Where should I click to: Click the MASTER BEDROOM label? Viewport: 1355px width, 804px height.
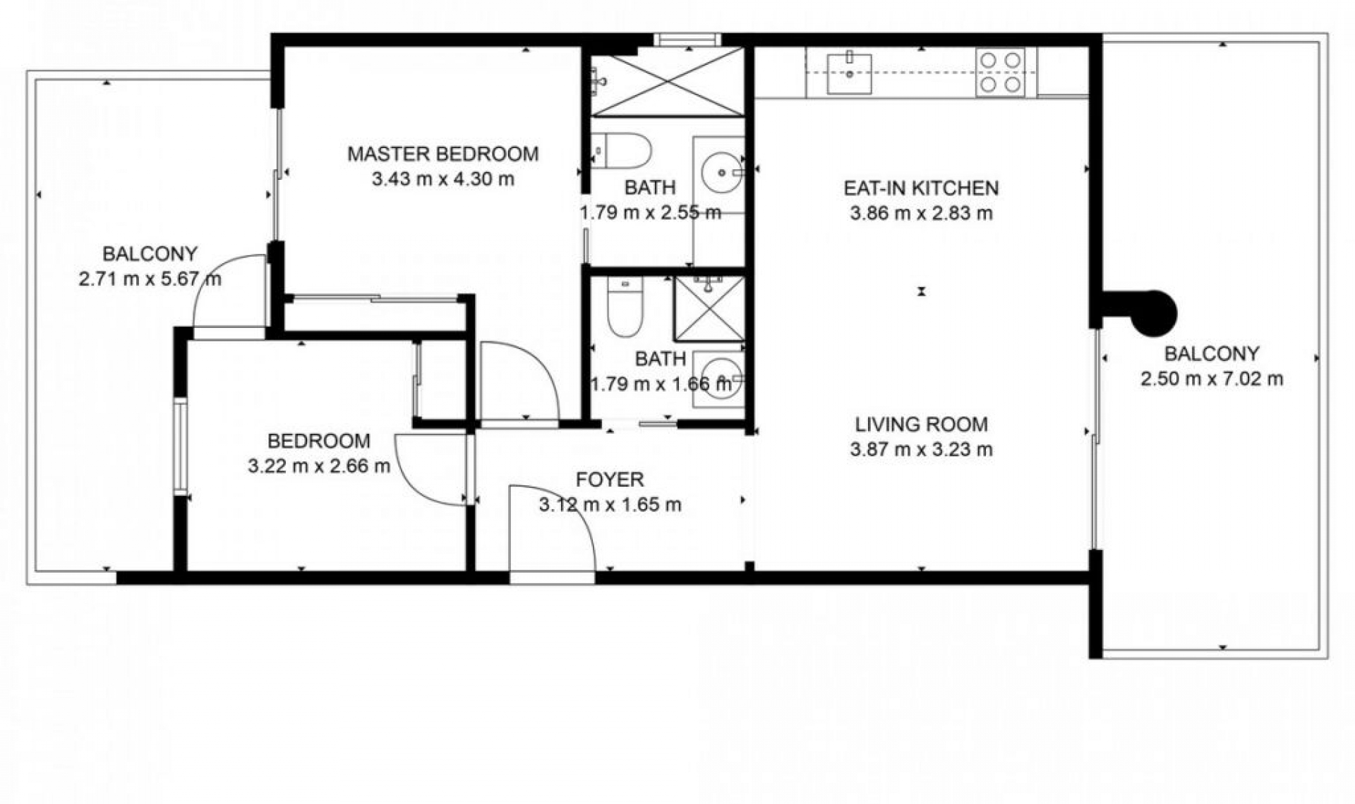pos(442,154)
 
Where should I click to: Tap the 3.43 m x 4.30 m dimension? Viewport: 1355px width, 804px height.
pos(442,179)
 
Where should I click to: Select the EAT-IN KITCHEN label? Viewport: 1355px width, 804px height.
pos(921,188)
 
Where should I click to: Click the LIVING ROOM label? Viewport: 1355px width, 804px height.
pos(921,425)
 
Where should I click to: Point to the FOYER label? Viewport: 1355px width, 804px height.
pos(610,480)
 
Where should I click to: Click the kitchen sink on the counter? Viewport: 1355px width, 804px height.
pos(850,73)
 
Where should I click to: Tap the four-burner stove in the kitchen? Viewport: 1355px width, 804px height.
pos(1000,72)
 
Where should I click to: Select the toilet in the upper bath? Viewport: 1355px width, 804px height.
pos(622,150)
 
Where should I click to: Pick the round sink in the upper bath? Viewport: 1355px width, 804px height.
pos(721,171)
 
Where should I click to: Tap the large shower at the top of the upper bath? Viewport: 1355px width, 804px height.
pos(667,81)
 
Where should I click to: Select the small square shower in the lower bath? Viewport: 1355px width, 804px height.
pos(709,309)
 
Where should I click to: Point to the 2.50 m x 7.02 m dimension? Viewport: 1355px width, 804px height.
pos(1211,379)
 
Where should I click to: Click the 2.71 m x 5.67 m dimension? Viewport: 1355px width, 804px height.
pos(150,279)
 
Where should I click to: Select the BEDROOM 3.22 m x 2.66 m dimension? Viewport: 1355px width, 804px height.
pos(318,466)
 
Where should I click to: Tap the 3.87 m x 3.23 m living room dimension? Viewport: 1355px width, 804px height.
pos(921,450)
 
